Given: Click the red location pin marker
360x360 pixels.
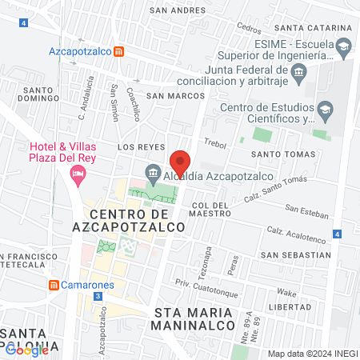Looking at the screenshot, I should tap(180, 162).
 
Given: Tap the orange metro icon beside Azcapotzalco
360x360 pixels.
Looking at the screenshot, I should tap(118, 51).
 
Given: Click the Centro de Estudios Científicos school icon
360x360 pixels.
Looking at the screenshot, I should tap(325, 108).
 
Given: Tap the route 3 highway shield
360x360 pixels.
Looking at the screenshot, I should tap(97, 296).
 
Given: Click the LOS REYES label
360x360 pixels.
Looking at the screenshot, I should tap(141, 147).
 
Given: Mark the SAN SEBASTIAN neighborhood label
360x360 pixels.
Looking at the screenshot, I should tap(296, 254).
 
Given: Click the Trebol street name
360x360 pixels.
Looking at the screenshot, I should tap(215, 143).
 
